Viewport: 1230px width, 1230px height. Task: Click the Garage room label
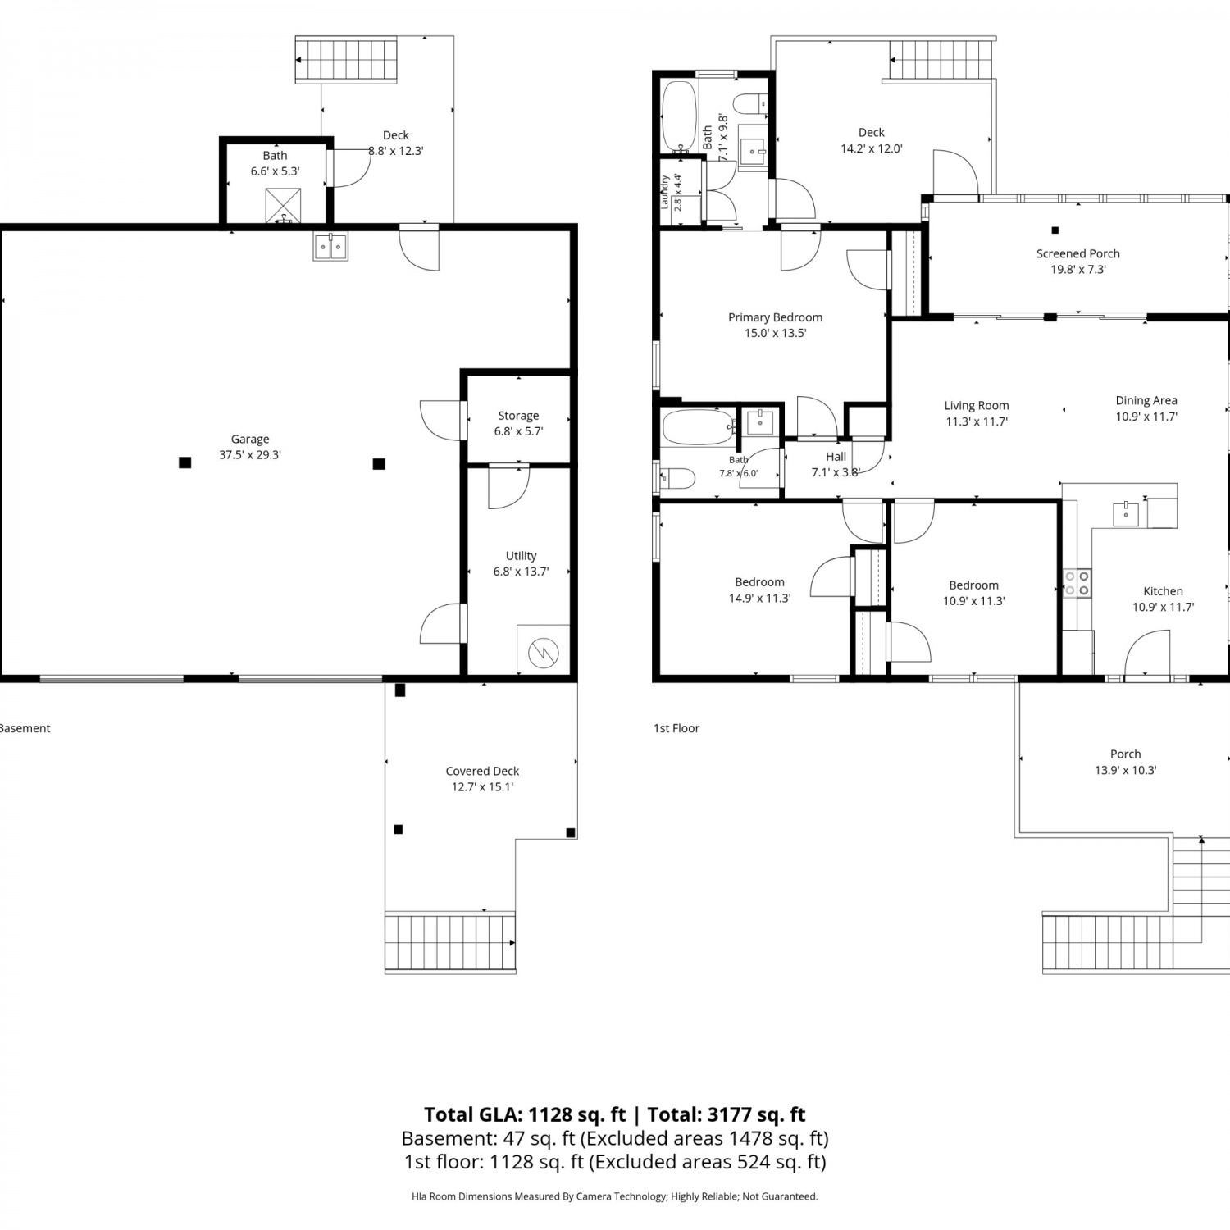pyautogui.click(x=250, y=440)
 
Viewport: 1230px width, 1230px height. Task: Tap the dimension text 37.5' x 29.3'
pyautogui.click(x=250, y=455)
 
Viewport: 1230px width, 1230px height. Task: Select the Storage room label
pyautogui.click(x=518, y=416)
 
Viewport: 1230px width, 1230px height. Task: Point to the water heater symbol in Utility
pyautogui.click(x=543, y=653)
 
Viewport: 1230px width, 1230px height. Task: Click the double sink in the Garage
pyautogui.click(x=330, y=247)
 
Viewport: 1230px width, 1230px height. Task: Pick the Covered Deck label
pyautogui.click(x=482, y=771)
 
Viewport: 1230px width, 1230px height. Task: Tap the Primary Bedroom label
pyautogui.click(x=775, y=317)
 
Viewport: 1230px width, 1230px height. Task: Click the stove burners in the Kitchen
pyautogui.click(x=1077, y=583)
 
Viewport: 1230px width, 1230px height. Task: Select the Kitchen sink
pyautogui.click(x=1126, y=513)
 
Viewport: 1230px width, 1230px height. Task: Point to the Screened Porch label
pyautogui.click(x=1077, y=253)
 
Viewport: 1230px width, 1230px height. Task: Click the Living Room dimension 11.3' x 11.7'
pyautogui.click(x=976, y=421)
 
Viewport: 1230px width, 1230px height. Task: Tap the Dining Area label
pyautogui.click(x=1146, y=400)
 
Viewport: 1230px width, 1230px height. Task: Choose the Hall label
pyautogui.click(x=836, y=457)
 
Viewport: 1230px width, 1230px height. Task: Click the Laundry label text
pyautogui.click(x=664, y=192)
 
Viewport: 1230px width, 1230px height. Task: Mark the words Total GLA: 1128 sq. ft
pyautogui.click(x=525, y=1114)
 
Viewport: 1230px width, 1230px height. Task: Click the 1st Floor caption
pyautogui.click(x=676, y=728)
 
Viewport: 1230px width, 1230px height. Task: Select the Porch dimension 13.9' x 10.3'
pyautogui.click(x=1125, y=770)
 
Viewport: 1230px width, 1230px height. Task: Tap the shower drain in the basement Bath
pyautogui.click(x=284, y=218)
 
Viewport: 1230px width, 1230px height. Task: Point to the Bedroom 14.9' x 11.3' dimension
pyautogui.click(x=759, y=599)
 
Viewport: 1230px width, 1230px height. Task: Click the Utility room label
pyautogui.click(x=521, y=556)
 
